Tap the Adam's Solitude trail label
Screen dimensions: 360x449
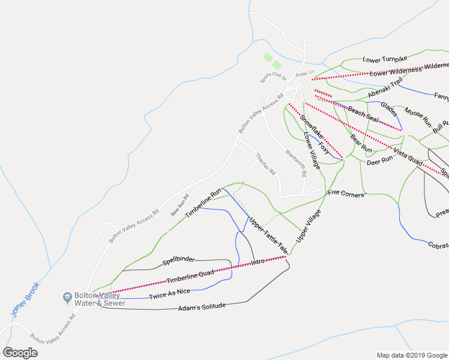[x=202, y=307]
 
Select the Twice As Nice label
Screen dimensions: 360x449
[x=170, y=294]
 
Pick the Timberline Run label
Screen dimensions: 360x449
[x=203, y=203]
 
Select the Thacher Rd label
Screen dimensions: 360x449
[x=265, y=164]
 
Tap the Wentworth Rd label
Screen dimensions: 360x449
[x=295, y=162]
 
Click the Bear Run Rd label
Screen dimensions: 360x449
[x=179, y=205]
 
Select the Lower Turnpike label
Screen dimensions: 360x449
[x=385, y=59]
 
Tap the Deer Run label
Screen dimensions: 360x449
[x=379, y=160]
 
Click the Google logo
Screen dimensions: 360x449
[x=20, y=352]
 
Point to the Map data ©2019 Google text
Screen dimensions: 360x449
[x=411, y=355]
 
